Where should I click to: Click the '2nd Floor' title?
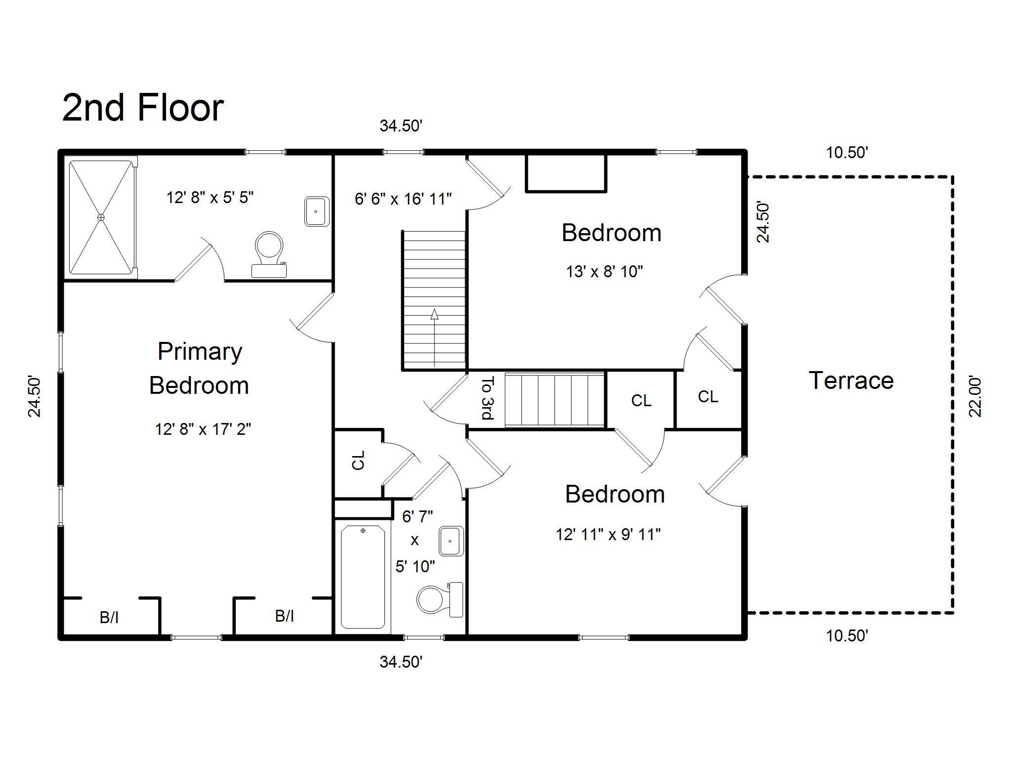click(x=143, y=108)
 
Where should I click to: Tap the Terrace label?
click(x=851, y=380)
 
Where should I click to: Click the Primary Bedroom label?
click(x=199, y=368)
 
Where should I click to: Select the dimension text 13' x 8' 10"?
click(x=604, y=272)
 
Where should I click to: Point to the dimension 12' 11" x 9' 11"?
click(x=608, y=535)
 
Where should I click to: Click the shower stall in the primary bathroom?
click(x=101, y=217)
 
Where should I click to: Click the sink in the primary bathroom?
click(x=316, y=211)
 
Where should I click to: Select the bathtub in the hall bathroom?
click(x=363, y=576)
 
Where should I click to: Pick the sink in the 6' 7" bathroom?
click(x=451, y=541)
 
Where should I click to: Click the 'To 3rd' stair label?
click(x=488, y=398)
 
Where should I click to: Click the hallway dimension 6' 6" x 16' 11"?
click(x=403, y=199)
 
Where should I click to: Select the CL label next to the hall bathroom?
click(x=358, y=460)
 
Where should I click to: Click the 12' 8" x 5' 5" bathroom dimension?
click(x=210, y=198)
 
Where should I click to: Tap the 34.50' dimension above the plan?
click(x=400, y=126)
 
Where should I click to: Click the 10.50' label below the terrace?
click(x=846, y=636)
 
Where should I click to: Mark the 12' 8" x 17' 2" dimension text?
click(x=203, y=429)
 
